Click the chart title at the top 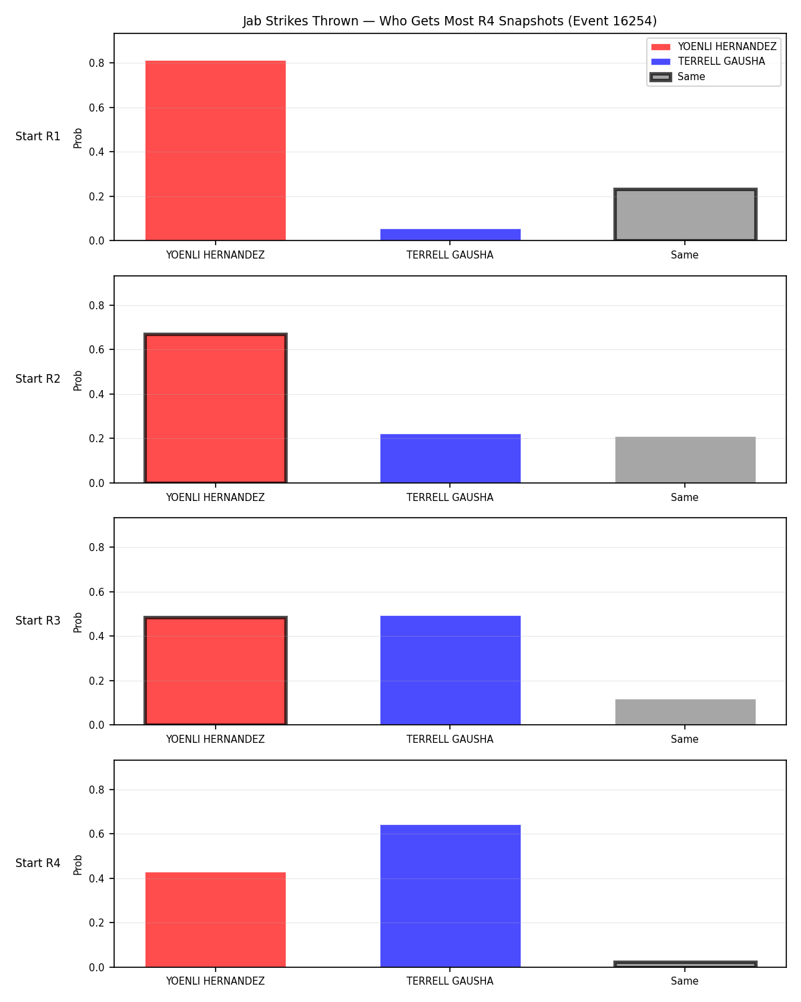(x=449, y=21)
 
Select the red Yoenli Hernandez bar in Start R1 (x=216, y=150)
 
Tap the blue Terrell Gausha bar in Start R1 (x=450, y=234)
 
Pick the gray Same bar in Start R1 (x=685, y=214)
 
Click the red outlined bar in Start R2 (x=216, y=408)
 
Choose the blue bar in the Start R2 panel (x=450, y=458)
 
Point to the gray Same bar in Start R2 (x=685, y=460)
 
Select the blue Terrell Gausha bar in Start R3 (x=450, y=670)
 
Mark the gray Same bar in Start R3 (x=685, y=712)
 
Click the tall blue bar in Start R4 (x=450, y=896)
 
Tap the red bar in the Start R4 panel (x=216, y=920)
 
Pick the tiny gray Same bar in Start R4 (x=685, y=964)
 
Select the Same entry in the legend (x=678, y=77)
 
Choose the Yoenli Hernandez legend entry (x=714, y=47)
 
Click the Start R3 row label (x=37, y=621)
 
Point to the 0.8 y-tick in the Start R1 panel (x=96, y=63)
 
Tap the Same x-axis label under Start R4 (x=684, y=981)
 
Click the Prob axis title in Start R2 (x=77, y=380)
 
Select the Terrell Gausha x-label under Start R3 (x=450, y=739)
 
